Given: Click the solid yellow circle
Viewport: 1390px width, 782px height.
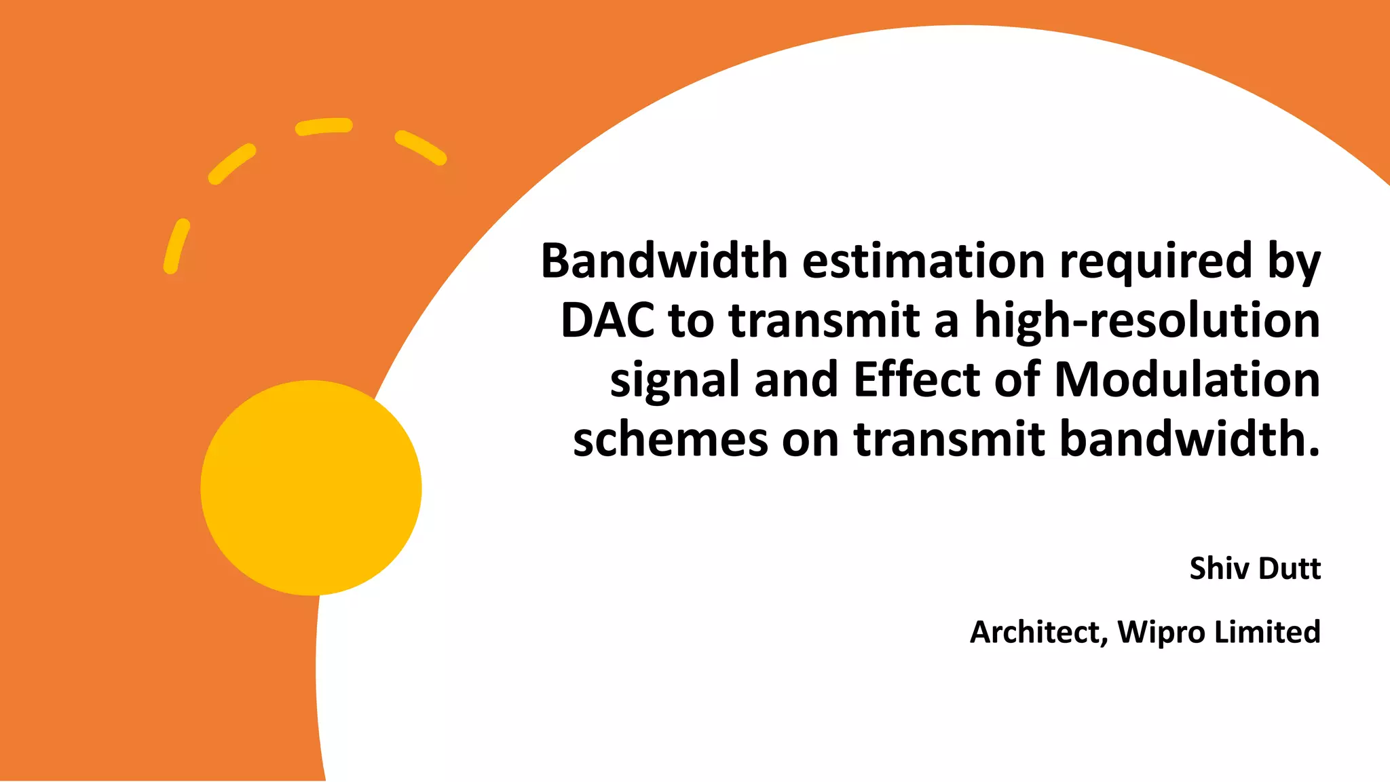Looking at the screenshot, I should click(311, 487).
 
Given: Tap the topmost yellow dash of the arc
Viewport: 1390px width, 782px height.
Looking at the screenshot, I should click(324, 126).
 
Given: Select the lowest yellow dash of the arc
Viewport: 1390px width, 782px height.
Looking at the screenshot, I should click(176, 246).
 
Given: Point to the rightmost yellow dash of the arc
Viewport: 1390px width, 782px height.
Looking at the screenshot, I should click(421, 147).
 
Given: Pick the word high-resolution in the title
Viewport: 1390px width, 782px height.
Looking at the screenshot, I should click(1147, 321).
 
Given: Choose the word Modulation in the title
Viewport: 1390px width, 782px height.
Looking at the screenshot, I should click(1187, 379).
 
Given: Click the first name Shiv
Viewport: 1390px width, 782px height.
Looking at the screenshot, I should click(1219, 568).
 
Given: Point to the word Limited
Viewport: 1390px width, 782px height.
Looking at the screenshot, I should click(1267, 632).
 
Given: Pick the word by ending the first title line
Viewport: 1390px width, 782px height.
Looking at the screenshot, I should click(1294, 262).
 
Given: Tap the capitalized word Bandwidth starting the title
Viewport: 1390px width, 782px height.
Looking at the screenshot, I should click(664, 261).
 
